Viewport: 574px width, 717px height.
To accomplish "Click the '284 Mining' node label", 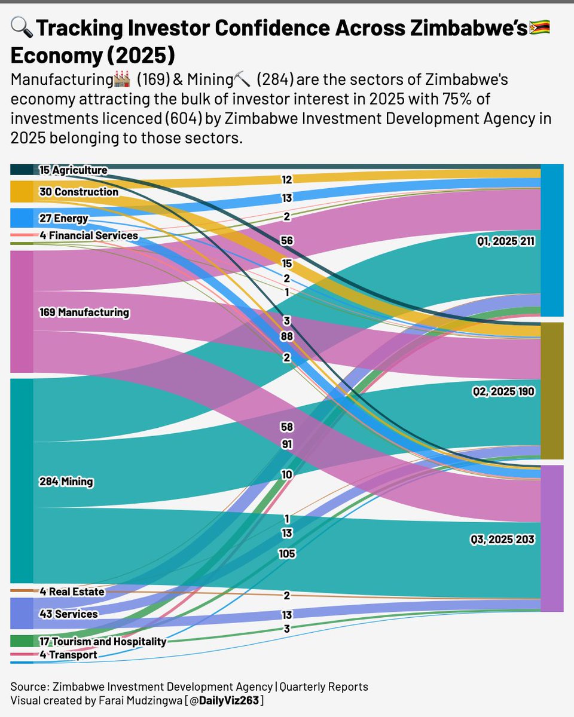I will tap(66, 482).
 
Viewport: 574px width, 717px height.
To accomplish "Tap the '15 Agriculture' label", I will tap(73, 170).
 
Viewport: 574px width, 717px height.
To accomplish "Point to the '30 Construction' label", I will tap(78, 192).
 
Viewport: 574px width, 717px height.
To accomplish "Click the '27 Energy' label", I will tap(63, 218).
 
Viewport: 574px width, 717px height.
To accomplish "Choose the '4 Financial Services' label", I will tap(88, 235).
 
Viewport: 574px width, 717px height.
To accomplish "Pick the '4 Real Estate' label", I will tap(72, 592).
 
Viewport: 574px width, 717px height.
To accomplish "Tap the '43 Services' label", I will tap(68, 614).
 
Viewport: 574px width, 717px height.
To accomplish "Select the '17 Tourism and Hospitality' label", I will tap(102, 641).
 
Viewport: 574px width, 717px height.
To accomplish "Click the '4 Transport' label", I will tap(68, 655).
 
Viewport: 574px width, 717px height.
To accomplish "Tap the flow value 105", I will tap(287, 554).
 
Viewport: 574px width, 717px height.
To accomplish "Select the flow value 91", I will tap(287, 444).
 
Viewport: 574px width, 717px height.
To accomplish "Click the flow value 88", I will tap(287, 337).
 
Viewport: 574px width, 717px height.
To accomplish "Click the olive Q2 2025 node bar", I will tap(552, 391).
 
